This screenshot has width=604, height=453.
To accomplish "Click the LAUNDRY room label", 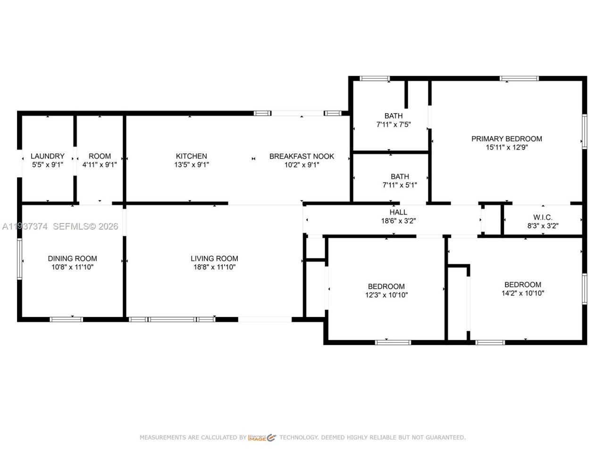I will (47, 156).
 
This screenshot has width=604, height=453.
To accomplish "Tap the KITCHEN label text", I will (191, 156).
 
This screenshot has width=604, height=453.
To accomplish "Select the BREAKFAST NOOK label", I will (302, 156).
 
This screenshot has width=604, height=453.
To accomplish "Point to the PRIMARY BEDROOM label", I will (507, 139).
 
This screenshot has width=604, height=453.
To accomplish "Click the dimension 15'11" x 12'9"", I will (507, 147).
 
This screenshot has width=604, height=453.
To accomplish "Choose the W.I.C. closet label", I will (543, 217).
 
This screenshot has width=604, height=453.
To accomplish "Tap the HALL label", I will (398, 212).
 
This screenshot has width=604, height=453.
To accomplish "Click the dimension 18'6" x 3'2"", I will (398, 221).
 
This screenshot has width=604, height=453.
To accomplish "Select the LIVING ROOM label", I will (214, 259).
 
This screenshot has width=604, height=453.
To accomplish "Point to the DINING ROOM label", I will (72, 259).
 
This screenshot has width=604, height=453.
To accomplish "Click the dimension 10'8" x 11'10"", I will (72, 267).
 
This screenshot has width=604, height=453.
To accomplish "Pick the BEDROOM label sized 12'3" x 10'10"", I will (386, 286).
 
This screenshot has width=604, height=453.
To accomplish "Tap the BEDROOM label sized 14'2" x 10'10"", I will (523, 285).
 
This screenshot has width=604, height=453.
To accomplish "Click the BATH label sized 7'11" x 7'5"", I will (393, 116).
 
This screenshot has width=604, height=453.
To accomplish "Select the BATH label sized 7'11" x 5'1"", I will (399, 177).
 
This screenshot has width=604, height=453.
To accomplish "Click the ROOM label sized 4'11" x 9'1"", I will (100, 156).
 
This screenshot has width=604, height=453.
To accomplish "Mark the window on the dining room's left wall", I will (19, 259).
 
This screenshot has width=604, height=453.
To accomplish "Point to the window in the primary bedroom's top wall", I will (519, 78).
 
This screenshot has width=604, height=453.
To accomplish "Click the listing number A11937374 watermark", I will (25, 226).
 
